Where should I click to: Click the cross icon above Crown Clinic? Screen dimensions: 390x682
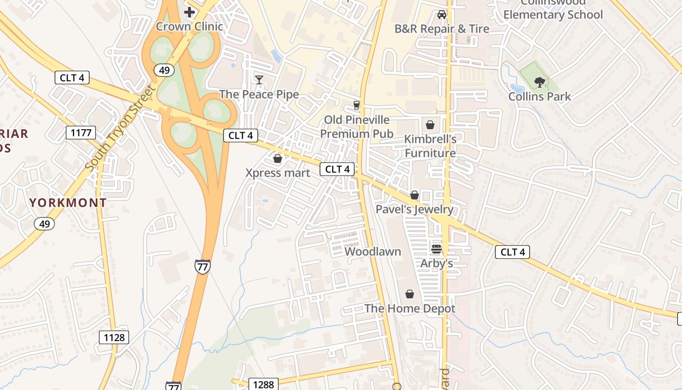(x=189, y=12)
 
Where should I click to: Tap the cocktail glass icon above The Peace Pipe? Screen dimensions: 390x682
(x=259, y=79)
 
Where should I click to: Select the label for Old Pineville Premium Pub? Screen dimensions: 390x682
(x=357, y=127)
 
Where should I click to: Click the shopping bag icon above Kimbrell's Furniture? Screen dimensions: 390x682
(x=430, y=125)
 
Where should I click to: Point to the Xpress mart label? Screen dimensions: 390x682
(x=278, y=173)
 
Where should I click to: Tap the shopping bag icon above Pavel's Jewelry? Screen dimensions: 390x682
(x=415, y=195)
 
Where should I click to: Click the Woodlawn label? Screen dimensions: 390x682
(x=373, y=252)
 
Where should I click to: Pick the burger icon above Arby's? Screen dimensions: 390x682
(x=436, y=249)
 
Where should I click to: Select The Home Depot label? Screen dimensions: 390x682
(x=410, y=308)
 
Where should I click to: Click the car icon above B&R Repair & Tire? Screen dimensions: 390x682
(x=442, y=15)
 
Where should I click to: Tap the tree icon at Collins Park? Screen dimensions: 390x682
(x=539, y=82)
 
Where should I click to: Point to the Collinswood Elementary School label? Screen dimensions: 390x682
(x=553, y=10)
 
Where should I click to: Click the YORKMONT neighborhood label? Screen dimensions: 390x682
(x=68, y=203)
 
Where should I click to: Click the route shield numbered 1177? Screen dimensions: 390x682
(x=81, y=132)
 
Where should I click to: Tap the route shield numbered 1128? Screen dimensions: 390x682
(x=114, y=337)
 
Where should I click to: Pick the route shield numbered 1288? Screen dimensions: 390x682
(x=264, y=384)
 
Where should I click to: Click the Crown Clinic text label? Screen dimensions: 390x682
(x=189, y=26)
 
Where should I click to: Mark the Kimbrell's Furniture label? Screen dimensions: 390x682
(x=430, y=146)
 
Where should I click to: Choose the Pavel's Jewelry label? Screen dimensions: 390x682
(x=415, y=210)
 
